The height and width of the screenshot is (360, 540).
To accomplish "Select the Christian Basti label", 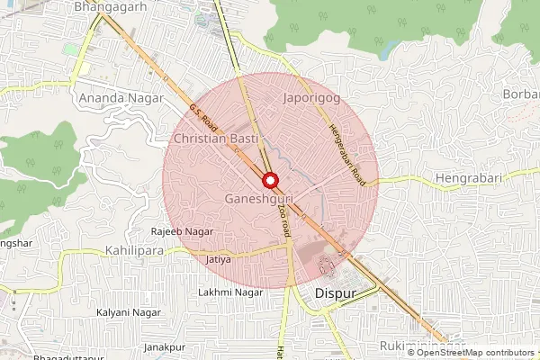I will [215, 139].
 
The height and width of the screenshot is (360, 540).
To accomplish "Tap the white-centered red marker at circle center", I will [269, 179].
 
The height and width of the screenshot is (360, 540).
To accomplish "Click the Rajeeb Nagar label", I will [182, 232].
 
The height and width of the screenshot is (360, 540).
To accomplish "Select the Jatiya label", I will [220, 260].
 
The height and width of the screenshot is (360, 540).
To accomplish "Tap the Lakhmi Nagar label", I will [228, 293].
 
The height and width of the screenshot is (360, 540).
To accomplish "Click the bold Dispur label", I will [337, 294].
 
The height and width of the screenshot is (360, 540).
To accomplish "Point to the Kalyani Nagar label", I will [125, 312].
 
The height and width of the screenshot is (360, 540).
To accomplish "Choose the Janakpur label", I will [164, 347].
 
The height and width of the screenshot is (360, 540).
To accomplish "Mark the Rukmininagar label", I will [422, 346].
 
